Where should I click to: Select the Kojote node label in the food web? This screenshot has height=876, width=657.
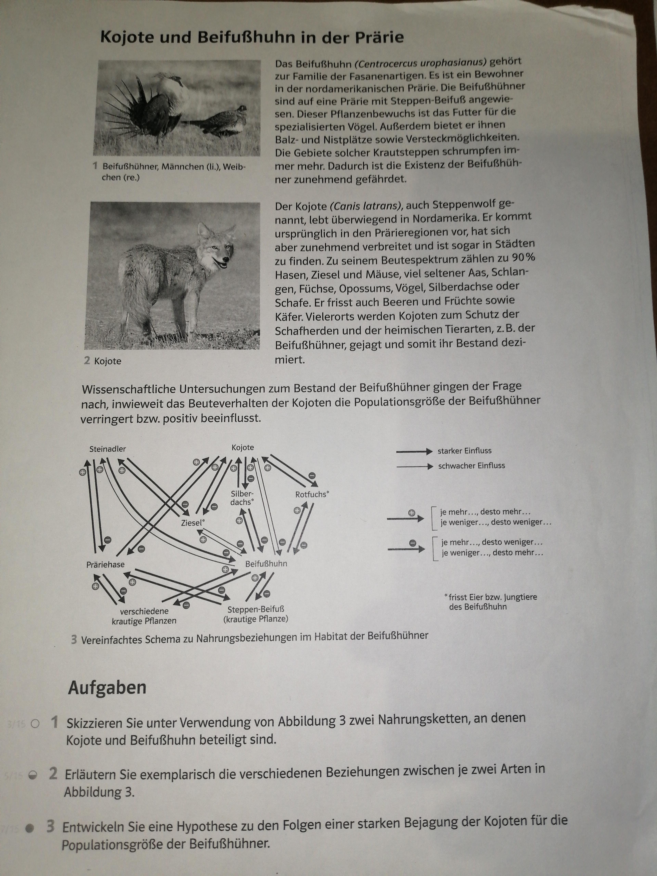click(242, 448)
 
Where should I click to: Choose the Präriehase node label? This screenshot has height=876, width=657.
click(105, 565)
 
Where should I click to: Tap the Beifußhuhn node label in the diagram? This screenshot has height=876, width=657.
click(266, 564)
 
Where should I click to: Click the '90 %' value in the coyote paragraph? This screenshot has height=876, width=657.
click(523, 258)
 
